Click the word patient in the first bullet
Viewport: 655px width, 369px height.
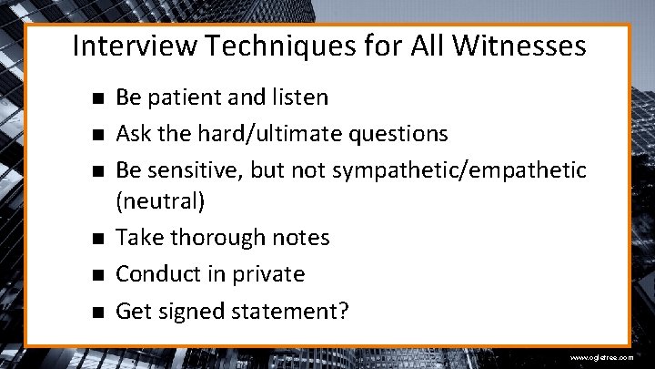click(192, 97)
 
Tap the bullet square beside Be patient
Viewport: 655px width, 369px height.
click(96, 97)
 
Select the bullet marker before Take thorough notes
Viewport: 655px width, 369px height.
click(96, 239)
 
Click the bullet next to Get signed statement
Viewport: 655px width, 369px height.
click(96, 313)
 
